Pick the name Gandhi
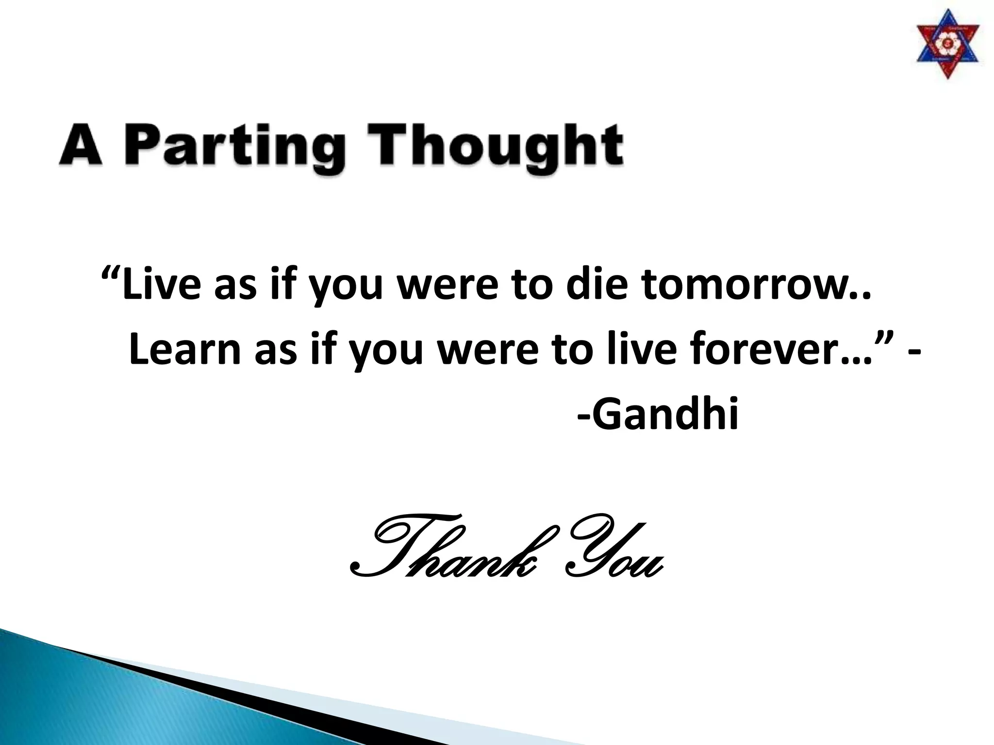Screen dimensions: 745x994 pos(664,415)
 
